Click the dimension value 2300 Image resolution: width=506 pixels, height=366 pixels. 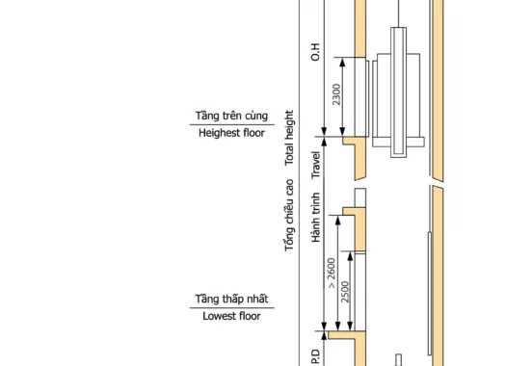[x=336, y=94]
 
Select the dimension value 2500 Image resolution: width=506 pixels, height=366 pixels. [x=345, y=292]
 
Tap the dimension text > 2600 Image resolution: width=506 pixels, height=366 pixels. [x=332, y=273]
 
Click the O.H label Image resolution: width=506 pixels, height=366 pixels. [x=315, y=52]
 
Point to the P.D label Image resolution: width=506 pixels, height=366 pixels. [x=315, y=357]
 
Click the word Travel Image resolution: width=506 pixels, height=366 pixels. [x=315, y=165]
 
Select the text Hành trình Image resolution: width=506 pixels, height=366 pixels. [x=315, y=218]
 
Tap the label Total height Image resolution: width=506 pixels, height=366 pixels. [x=289, y=138]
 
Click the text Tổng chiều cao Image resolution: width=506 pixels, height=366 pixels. [x=289, y=215]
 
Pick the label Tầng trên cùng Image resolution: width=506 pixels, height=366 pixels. [x=231, y=116]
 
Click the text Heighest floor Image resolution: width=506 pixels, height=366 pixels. [x=231, y=133]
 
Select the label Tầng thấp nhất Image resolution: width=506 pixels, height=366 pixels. [x=231, y=299]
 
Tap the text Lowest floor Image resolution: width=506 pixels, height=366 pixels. [x=231, y=316]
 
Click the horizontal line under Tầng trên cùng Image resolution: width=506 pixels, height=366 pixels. [x=232, y=124]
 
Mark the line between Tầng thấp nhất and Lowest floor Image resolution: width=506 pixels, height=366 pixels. [x=232, y=307]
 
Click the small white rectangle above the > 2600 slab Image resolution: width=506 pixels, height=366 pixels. [x=360, y=197]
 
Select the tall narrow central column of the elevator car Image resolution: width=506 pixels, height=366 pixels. [x=399, y=92]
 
